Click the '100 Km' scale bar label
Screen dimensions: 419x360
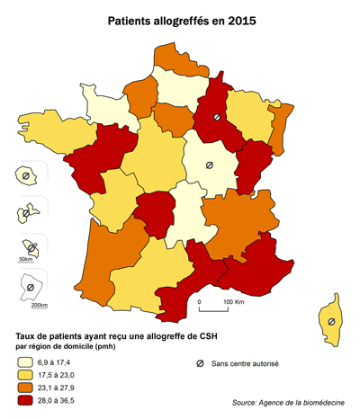pos(233,302)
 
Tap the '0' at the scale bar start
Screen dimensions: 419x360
pos(200,302)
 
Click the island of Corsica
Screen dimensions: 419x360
pos(332,320)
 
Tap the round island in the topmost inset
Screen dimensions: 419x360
pos(26,175)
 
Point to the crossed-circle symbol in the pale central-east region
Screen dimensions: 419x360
pos(209,165)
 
